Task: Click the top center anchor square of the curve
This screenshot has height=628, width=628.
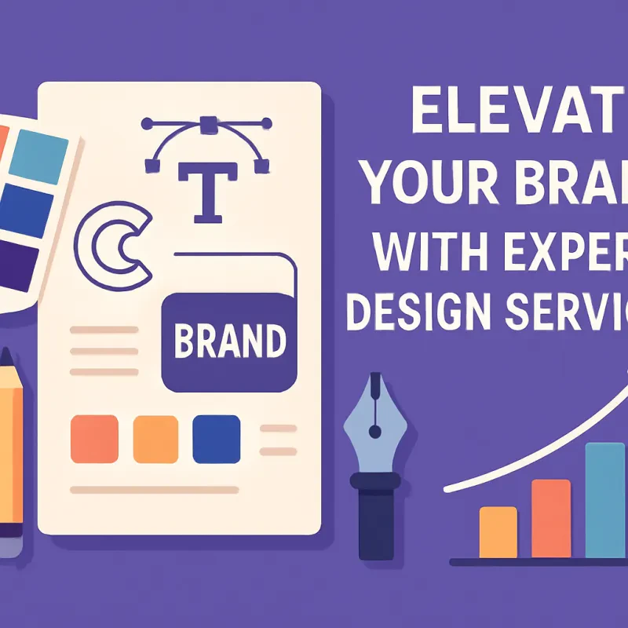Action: click(208, 124)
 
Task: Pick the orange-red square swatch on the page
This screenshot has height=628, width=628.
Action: click(94, 439)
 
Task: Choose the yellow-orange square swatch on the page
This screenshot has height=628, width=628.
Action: click(156, 439)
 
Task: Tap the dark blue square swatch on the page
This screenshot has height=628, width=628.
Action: click(216, 439)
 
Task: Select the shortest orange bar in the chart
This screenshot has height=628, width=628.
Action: click(498, 531)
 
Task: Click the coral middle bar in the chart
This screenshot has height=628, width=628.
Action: click(550, 518)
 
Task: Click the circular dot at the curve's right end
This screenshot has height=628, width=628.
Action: click(268, 123)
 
